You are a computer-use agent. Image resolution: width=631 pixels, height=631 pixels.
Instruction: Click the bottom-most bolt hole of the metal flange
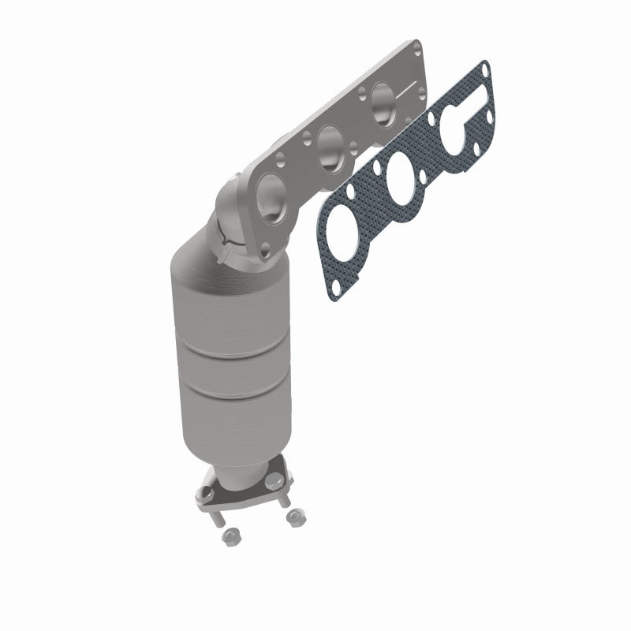[264, 250]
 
